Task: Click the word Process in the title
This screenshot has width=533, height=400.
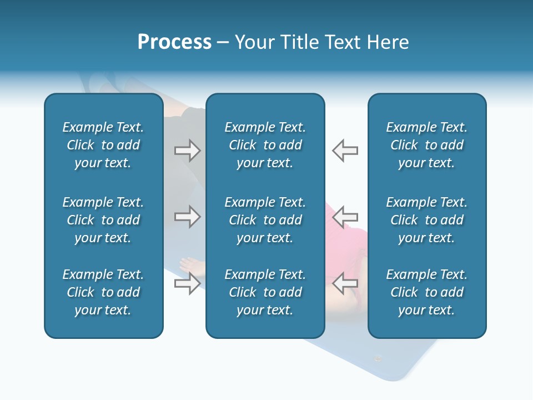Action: pos(174,42)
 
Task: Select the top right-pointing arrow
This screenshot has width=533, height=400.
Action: pos(187,151)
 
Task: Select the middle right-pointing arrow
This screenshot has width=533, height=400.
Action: pos(187,217)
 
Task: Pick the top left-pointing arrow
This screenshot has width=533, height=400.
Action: pos(345,151)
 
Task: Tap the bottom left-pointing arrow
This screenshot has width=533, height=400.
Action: pos(345,283)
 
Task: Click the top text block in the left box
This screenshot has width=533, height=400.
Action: pos(103,145)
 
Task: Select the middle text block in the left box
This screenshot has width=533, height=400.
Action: pos(103,220)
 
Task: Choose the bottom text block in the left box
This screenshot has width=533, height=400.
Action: pos(103,292)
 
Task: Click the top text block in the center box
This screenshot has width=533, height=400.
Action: pos(265,145)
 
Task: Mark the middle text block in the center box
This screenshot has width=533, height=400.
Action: pos(265,220)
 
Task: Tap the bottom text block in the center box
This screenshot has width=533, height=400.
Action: pos(265,292)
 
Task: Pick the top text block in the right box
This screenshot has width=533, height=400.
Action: pos(427,145)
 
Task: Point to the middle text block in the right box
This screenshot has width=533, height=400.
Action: pos(427,220)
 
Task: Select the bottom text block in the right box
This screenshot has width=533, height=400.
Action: pos(427,292)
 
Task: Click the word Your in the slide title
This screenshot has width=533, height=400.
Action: pos(253,42)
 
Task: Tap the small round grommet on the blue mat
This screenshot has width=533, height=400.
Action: pos(378,359)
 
